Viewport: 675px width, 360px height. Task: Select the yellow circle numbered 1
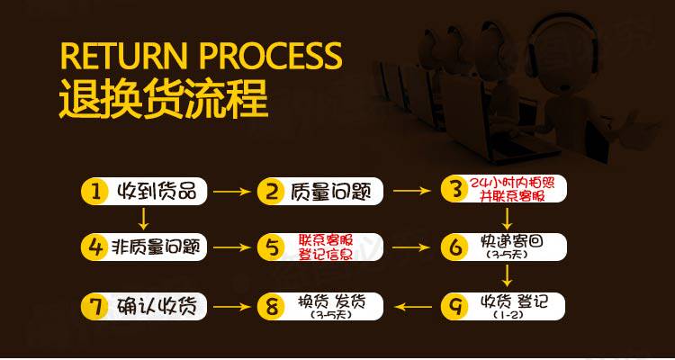(x=93, y=191)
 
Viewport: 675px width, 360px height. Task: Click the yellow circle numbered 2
(x=270, y=191)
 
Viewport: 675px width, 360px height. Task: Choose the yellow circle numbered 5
(x=270, y=246)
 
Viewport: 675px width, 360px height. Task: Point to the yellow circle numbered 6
(x=455, y=246)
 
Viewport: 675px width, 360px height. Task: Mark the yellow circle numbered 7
(x=93, y=306)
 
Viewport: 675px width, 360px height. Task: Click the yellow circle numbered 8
(x=270, y=307)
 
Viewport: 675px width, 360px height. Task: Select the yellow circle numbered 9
(x=455, y=306)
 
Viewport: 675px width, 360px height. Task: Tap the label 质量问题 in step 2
(x=324, y=191)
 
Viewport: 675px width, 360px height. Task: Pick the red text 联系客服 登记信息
(x=325, y=246)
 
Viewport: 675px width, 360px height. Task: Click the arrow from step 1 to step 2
(x=231, y=191)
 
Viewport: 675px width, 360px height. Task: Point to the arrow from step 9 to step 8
(x=415, y=307)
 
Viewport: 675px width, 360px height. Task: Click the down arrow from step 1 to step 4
(x=143, y=218)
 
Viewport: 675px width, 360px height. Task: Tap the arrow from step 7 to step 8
(x=231, y=307)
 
